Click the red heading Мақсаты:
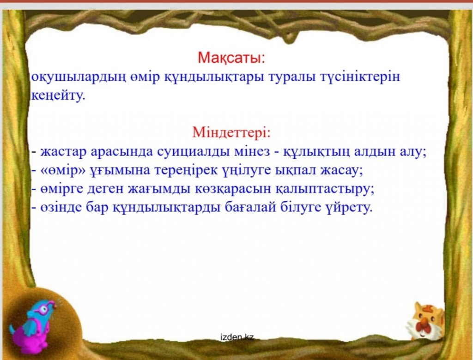tap(231, 58)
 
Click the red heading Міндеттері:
tap(231, 132)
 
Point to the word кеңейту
tap(58, 96)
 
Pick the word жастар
tap(63, 152)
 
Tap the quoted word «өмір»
tap(63, 171)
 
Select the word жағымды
tap(159, 189)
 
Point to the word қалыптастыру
tap(325, 189)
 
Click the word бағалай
tap(250, 208)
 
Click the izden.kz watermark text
tap(237, 337)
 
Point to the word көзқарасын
tap(233, 189)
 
